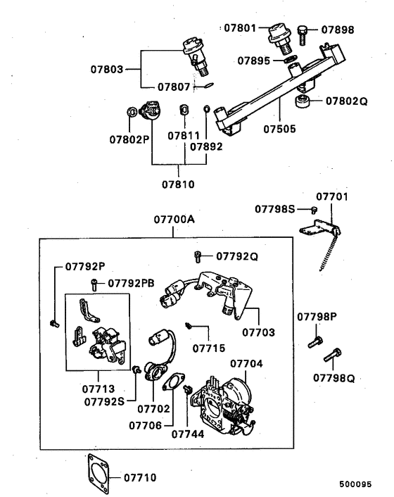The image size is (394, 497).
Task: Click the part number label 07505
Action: [279, 130]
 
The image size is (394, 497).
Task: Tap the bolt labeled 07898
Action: [302, 31]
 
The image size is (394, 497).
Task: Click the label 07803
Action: [107, 70]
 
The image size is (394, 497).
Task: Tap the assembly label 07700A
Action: [174, 219]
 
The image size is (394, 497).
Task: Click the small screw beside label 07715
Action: [189, 325]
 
